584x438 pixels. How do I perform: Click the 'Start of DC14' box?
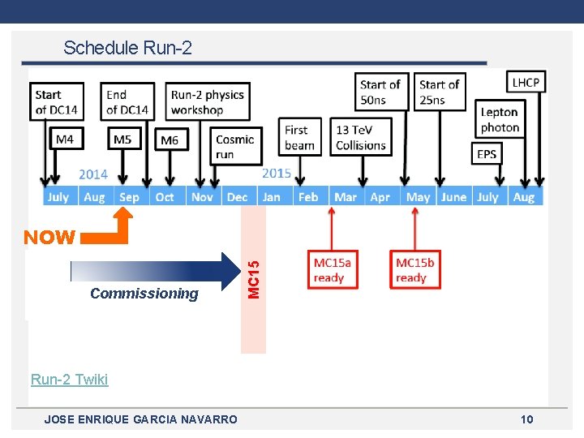point(57,101)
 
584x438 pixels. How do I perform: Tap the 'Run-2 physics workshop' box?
point(208,101)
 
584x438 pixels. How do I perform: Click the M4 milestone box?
point(65,140)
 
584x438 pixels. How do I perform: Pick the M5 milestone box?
point(122,140)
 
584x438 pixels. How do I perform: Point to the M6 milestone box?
point(170,140)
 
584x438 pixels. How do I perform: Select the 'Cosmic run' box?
point(235,147)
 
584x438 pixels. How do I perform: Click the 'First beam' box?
point(300,137)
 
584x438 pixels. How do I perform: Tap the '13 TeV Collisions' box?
point(361,137)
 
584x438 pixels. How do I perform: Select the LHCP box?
point(526,82)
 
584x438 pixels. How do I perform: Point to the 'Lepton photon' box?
point(500,119)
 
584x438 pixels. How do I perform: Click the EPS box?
point(487,153)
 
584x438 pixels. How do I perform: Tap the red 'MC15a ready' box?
point(333,270)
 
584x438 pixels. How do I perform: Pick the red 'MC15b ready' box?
point(414,270)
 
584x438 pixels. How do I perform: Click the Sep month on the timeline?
point(129,196)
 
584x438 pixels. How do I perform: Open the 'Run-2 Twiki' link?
point(69,379)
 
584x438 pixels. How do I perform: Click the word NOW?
point(49,238)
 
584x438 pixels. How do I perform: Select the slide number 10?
point(526,419)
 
